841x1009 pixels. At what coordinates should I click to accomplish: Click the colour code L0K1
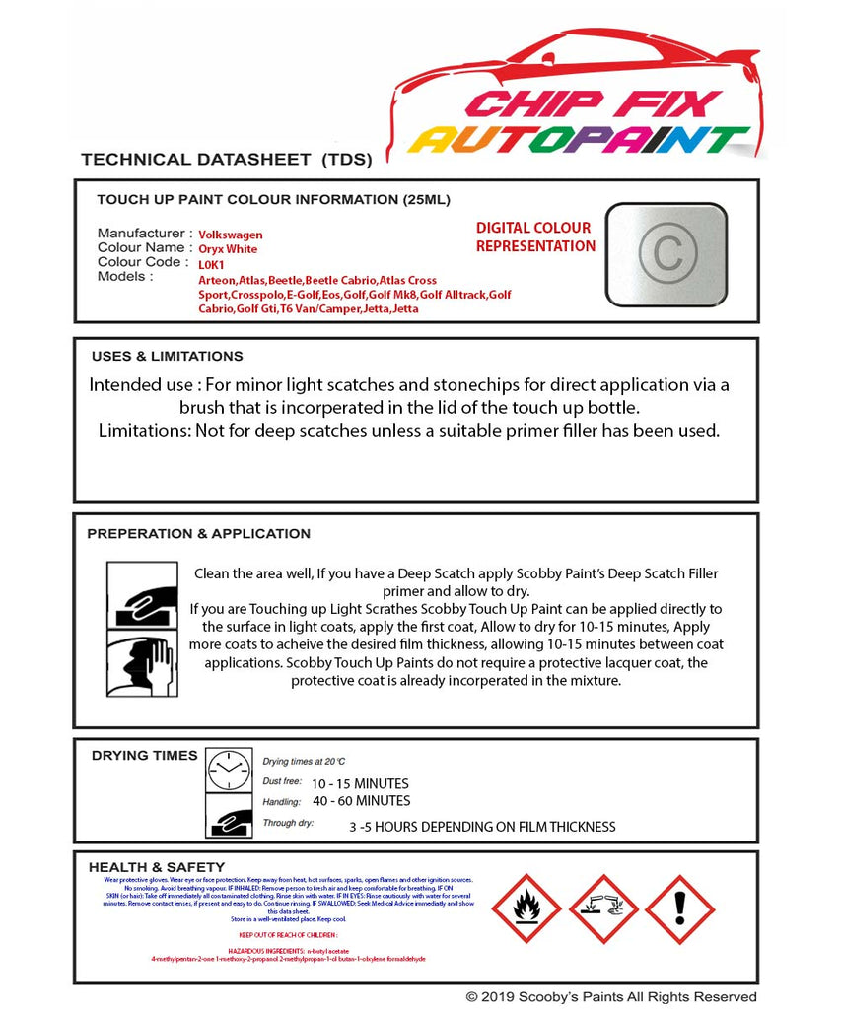211,265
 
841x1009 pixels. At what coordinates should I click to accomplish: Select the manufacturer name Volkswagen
231,235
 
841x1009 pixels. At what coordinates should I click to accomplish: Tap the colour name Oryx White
228,250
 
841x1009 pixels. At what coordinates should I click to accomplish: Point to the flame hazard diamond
526,908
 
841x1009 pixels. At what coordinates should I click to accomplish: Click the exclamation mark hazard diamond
679,908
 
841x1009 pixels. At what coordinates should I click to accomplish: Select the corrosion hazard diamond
602,908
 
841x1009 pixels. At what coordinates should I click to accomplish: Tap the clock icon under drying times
229,770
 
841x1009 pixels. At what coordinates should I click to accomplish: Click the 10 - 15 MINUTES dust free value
359,784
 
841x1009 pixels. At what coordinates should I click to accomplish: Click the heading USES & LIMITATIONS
167,357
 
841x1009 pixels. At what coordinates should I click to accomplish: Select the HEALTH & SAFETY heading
150,867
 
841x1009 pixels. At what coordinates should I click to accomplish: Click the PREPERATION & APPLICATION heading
198,534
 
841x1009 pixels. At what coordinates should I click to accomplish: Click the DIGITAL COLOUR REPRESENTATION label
535,237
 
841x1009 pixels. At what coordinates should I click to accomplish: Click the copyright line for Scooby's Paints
611,997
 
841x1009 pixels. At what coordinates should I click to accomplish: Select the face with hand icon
142,665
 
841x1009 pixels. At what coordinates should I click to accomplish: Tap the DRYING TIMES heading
144,756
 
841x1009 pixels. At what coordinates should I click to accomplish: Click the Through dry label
288,823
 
